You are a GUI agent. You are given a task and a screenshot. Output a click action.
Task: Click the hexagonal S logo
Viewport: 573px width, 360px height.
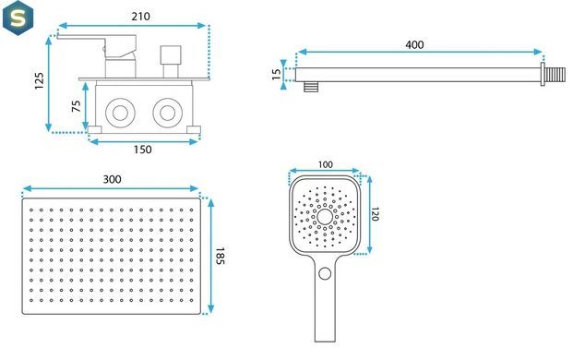[18, 18]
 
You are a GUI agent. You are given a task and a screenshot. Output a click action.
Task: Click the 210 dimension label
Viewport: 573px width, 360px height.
[140, 17]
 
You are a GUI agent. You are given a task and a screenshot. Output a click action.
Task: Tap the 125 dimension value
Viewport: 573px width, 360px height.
[39, 81]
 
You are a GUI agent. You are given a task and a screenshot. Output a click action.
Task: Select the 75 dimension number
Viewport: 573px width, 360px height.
[76, 106]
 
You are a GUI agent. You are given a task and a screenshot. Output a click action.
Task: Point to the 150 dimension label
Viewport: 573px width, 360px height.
[142, 150]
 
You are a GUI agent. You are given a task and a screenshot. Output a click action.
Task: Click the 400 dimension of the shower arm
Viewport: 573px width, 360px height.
[415, 44]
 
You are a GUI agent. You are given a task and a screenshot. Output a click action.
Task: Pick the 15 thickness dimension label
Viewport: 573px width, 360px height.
[277, 74]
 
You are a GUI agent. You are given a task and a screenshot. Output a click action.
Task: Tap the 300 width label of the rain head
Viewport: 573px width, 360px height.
[112, 179]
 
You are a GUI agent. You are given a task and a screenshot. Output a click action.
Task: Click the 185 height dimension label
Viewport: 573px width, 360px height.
[220, 256]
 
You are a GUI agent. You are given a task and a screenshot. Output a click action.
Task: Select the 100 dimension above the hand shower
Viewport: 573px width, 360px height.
[325, 165]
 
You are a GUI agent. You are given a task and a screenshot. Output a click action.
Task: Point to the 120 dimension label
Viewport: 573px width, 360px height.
[375, 214]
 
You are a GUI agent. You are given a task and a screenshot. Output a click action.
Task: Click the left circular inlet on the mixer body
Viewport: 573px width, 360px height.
[120, 113]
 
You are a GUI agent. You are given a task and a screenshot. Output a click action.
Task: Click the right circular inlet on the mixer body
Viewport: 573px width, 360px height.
[168, 113]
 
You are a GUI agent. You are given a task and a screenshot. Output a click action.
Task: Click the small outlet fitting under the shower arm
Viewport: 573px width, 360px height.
[311, 87]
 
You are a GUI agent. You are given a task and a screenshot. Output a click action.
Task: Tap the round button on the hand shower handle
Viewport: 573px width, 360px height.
[325, 273]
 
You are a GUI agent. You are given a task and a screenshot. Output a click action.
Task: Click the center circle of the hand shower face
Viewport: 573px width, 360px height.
[325, 217]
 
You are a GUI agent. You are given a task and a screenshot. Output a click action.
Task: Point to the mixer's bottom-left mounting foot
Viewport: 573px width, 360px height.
[95, 129]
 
